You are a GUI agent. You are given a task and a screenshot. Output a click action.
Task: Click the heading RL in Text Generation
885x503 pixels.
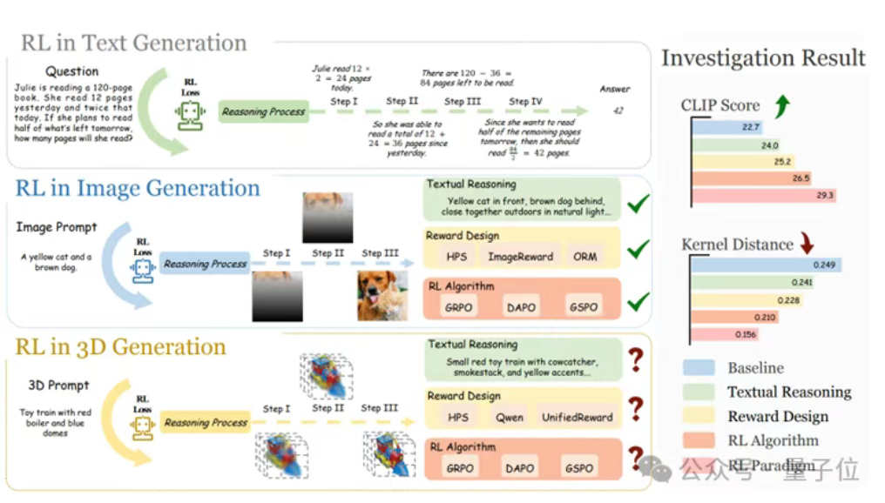click(x=134, y=43)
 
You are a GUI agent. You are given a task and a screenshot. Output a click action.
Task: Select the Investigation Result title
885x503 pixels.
click(x=763, y=58)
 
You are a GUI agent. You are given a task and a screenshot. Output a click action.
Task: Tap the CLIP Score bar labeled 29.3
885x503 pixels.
click(x=764, y=196)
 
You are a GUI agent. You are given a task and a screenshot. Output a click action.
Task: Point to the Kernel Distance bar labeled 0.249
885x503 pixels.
click(x=767, y=265)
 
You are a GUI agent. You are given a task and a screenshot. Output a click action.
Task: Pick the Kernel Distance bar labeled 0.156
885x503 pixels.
click(x=726, y=334)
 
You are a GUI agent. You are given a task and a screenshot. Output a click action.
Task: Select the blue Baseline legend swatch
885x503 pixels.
click(x=699, y=368)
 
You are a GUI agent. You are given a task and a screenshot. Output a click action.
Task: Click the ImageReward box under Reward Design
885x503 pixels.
click(x=520, y=257)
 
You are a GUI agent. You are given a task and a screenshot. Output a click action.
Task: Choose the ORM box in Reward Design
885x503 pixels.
click(x=585, y=257)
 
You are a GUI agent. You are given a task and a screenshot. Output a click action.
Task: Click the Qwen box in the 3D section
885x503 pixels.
click(x=510, y=417)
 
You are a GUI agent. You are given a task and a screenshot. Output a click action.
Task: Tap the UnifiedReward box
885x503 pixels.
click(x=577, y=417)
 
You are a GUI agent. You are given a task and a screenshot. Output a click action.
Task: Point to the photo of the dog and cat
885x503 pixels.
click(x=382, y=296)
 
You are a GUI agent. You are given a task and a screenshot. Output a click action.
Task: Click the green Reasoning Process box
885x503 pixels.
click(x=263, y=111)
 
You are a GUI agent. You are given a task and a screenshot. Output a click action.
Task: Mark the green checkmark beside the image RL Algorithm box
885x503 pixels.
click(x=638, y=302)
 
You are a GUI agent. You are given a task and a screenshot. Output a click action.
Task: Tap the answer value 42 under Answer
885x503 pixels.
click(x=618, y=111)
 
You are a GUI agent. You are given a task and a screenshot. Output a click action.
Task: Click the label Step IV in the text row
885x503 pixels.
click(x=525, y=102)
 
